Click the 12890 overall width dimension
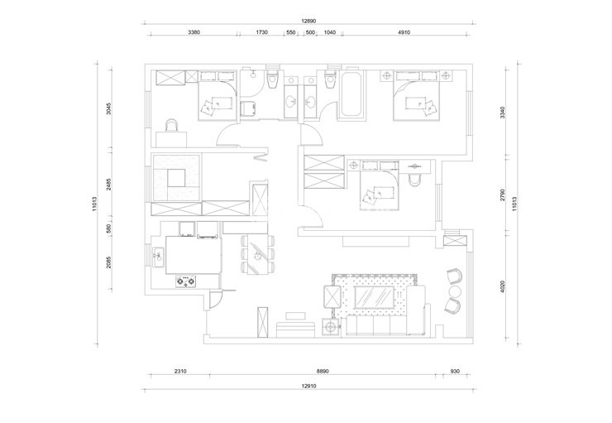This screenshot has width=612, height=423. (x=308, y=21)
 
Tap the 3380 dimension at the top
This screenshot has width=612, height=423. (x=194, y=32)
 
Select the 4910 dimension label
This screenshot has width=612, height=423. (x=404, y=32)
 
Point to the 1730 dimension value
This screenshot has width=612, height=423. (x=262, y=32)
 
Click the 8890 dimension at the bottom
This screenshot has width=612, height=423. (x=323, y=371)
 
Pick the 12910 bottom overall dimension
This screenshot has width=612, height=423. (x=308, y=386)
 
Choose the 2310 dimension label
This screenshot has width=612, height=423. (x=180, y=371)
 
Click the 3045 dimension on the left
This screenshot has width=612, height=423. (x=109, y=108)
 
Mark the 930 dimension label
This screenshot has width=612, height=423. (x=455, y=371)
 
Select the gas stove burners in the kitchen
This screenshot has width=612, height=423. (x=185, y=281)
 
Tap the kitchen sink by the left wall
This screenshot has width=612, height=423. (x=159, y=257)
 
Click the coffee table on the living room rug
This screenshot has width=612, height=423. (x=374, y=296)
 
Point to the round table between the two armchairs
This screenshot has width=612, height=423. (x=455, y=291)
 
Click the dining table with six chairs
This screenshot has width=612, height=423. (x=257, y=254)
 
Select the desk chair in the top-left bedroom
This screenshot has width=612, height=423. (x=172, y=125)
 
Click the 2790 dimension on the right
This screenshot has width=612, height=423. (x=502, y=195)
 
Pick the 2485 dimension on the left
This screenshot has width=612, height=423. (x=109, y=185)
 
